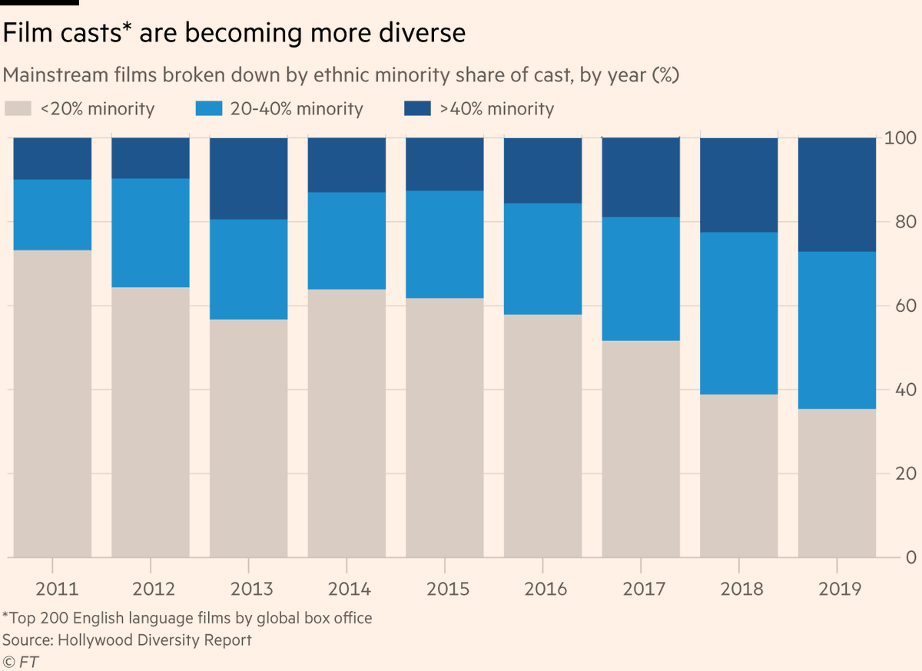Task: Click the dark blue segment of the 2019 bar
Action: tap(837, 194)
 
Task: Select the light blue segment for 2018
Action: tap(739, 313)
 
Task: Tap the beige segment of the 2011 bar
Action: tap(52, 403)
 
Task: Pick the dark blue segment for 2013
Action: tap(248, 178)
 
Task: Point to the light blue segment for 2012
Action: tap(151, 233)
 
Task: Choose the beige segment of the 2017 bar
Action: tap(641, 448)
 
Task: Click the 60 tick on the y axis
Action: tap(900, 306)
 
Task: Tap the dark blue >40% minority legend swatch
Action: tap(417, 109)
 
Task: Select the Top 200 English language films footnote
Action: tap(186, 618)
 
